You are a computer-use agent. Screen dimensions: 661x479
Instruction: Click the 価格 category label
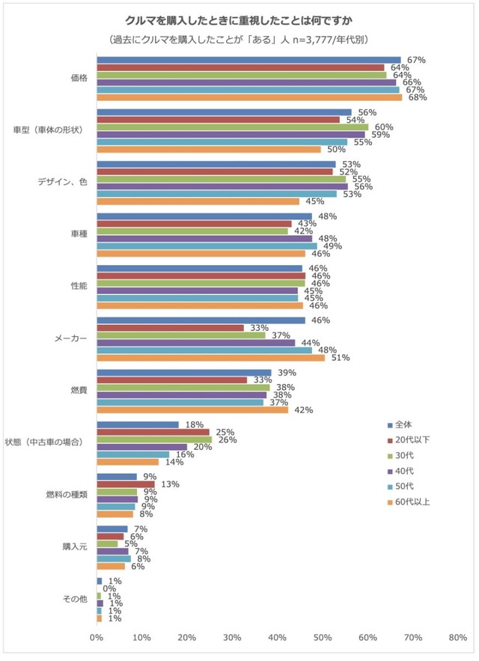pos(78,78)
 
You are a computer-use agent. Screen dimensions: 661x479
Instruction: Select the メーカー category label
pos(71,338)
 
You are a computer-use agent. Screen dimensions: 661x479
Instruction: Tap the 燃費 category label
pos(78,391)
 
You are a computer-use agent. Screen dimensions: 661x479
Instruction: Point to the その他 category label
pos(75,599)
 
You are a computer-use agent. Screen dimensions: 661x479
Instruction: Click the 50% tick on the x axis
pos(323,637)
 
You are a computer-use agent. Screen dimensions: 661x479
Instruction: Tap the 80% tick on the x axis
pos(458,637)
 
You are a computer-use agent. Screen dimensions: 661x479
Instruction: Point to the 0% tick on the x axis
pos(97,637)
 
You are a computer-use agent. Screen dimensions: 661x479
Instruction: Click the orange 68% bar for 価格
pos(249,97)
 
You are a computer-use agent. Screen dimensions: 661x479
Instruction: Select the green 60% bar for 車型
pos(232,127)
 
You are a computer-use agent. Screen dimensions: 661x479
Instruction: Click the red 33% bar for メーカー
pos(171,328)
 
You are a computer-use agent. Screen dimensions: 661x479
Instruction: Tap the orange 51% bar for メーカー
pos(211,358)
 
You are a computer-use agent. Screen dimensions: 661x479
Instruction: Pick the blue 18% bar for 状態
pos(138,424)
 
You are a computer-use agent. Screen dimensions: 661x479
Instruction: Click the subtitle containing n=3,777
pos(239,39)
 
